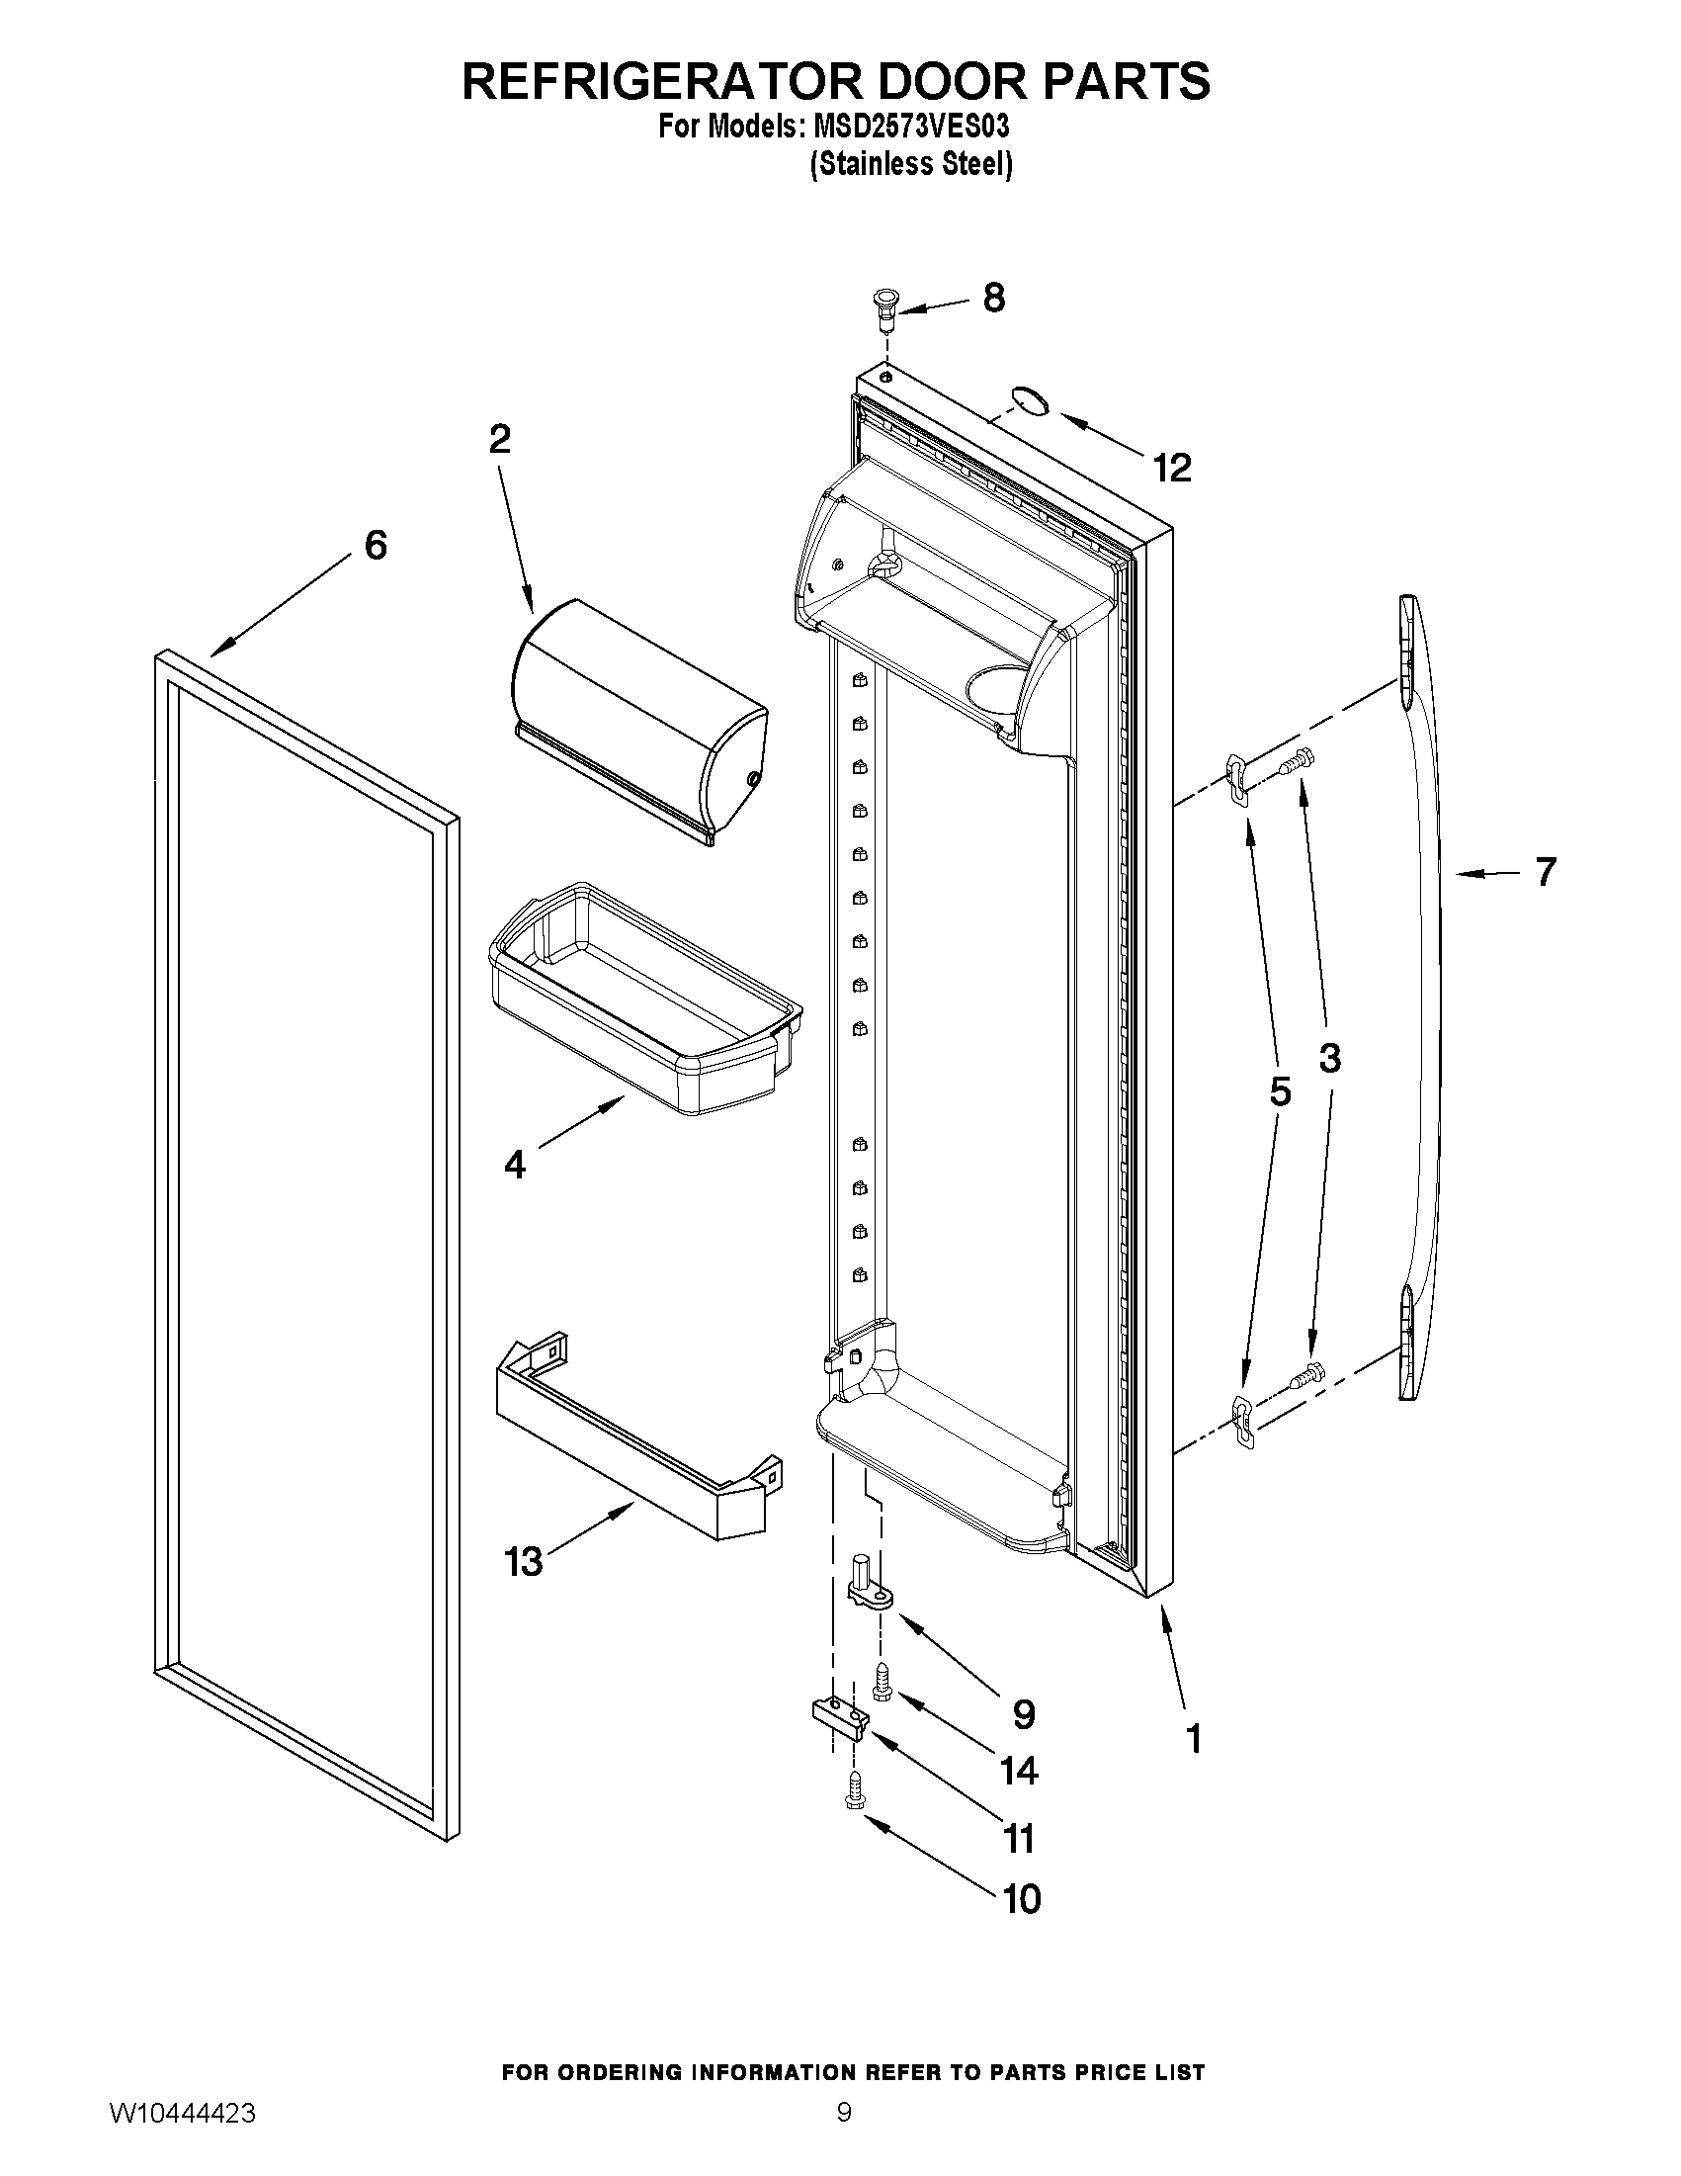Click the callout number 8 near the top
pyautogui.click(x=993, y=298)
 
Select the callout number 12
pyautogui.click(x=1172, y=468)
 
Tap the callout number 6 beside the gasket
pyautogui.click(x=375, y=545)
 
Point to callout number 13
pyautogui.click(x=524, y=1561)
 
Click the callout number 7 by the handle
pyautogui.click(x=1544, y=872)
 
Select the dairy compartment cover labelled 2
pyautogui.click(x=637, y=723)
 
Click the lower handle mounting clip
pyautogui.click(x=1241, y=1421)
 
